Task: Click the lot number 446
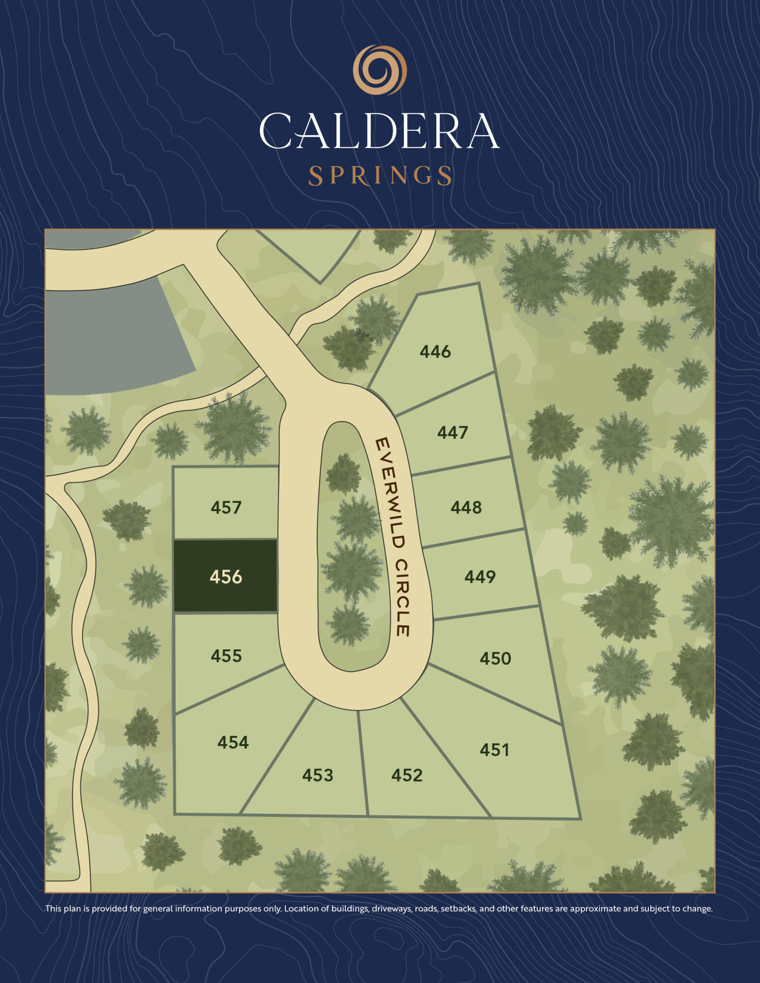tap(435, 352)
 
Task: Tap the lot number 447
tap(453, 433)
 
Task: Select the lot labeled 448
tap(466, 507)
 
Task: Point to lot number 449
tap(480, 577)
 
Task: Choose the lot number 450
tap(495, 659)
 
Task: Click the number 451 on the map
tap(494, 750)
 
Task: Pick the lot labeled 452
tap(407, 776)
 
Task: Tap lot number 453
tap(318, 776)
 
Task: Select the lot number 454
tap(233, 742)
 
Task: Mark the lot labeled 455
tap(226, 656)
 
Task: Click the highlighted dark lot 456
tap(226, 577)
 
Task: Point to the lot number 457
tap(226, 507)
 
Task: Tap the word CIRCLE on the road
tap(402, 597)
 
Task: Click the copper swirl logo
tap(380, 70)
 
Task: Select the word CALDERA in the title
tap(380, 131)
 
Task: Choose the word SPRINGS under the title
tap(380, 175)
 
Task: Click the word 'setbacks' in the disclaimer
tap(458, 909)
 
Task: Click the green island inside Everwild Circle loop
tap(350, 546)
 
